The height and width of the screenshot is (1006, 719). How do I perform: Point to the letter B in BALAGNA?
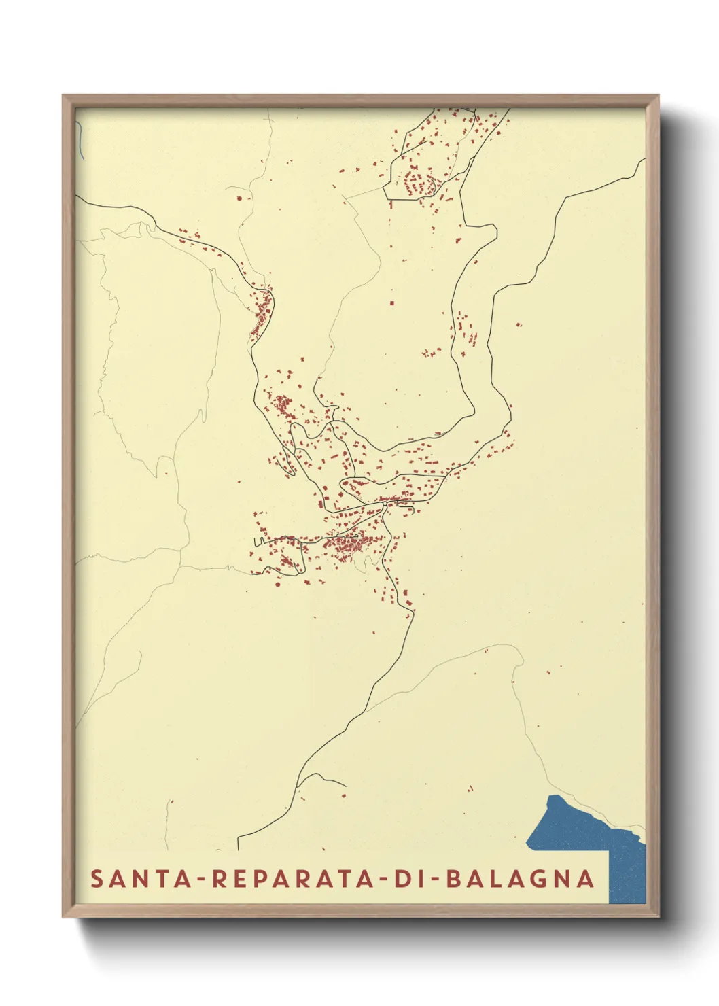pos(453,878)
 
